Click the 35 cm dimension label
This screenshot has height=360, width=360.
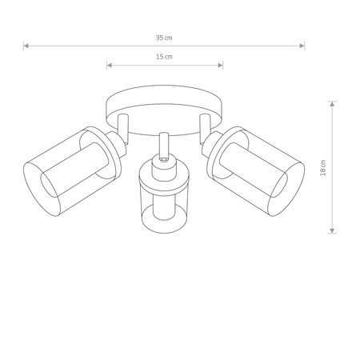point(164,38)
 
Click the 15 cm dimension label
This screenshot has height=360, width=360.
point(164,57)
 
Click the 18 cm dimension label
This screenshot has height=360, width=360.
point(323,167)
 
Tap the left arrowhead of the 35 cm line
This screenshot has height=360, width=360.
point(26,46)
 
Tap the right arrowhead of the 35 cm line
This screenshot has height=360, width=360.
point(302,46)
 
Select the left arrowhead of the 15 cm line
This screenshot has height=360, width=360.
point(109,65)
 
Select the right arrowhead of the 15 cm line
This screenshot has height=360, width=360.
point(221,65)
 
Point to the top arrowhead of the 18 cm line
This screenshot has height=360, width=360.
point(332,104)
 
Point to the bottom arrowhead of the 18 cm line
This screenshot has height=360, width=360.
point(332,230)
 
